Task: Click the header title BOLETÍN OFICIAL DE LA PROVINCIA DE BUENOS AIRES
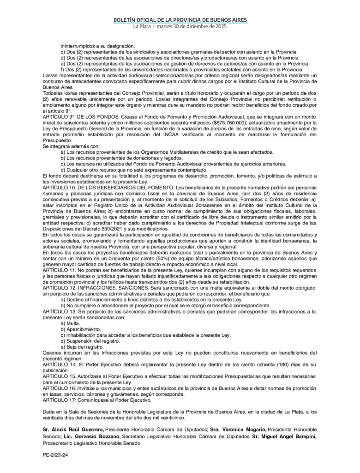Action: [180, 20]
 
